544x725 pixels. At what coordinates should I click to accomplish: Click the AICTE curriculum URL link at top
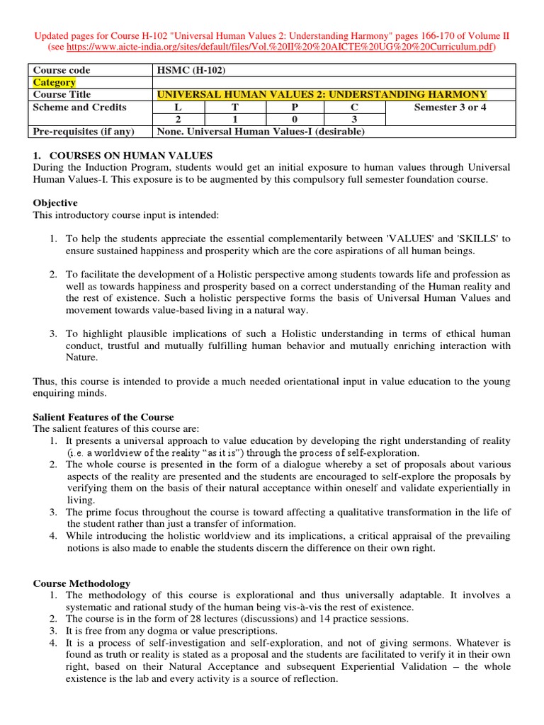coord(281,47)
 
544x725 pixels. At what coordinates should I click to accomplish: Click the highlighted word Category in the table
coord(55,82)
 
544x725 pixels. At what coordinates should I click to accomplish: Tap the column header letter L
coord(178,107)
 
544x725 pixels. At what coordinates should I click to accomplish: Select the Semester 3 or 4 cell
coord(450,107)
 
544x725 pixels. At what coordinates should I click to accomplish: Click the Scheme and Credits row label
coord(80,107)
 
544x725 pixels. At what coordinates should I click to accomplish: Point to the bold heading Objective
coord(55,203)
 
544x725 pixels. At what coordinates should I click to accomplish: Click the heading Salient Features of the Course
coord(103,417)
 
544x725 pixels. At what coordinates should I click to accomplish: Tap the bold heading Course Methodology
coord(81,583)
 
